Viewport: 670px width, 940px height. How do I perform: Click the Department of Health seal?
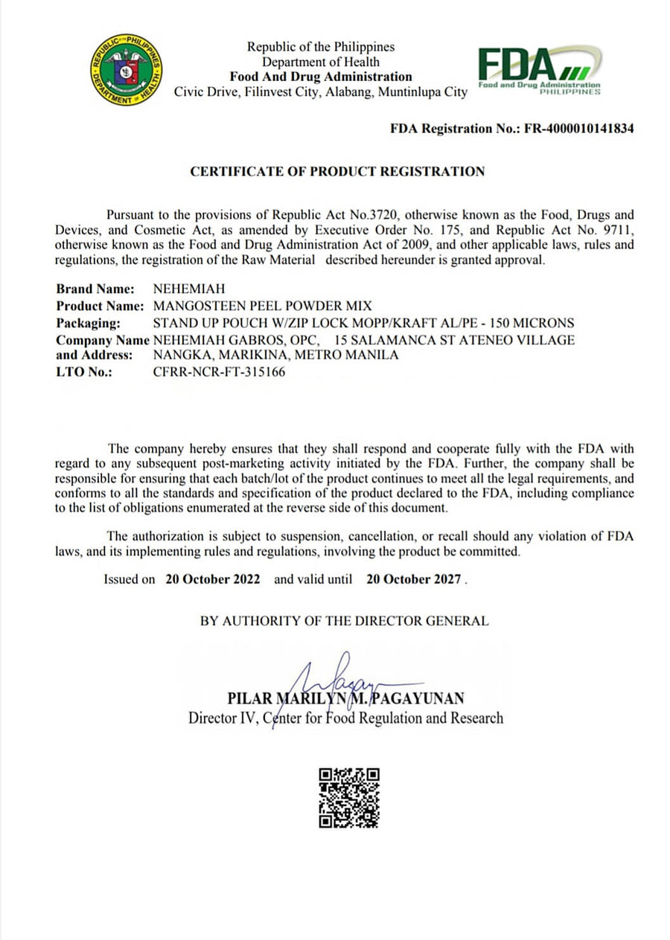tap(127, 70)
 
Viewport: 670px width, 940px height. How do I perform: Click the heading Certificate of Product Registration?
tap(337, 172)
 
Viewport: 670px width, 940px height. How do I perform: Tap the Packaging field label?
tap(88, 323)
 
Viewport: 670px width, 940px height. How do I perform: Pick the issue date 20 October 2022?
tap(213, 579)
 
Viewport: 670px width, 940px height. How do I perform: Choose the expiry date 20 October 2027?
tap(413, 579)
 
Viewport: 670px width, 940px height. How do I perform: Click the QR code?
tap(349, 798)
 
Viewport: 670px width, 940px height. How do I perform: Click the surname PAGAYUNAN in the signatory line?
tap(423, 698)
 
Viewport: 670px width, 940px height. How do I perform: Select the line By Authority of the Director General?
tap(345, 621)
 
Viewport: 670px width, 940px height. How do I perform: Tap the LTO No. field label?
tap(83, 372)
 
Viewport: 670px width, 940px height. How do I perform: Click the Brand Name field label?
tap(95, 289)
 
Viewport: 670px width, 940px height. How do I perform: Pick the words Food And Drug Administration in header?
tap(320, 77)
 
